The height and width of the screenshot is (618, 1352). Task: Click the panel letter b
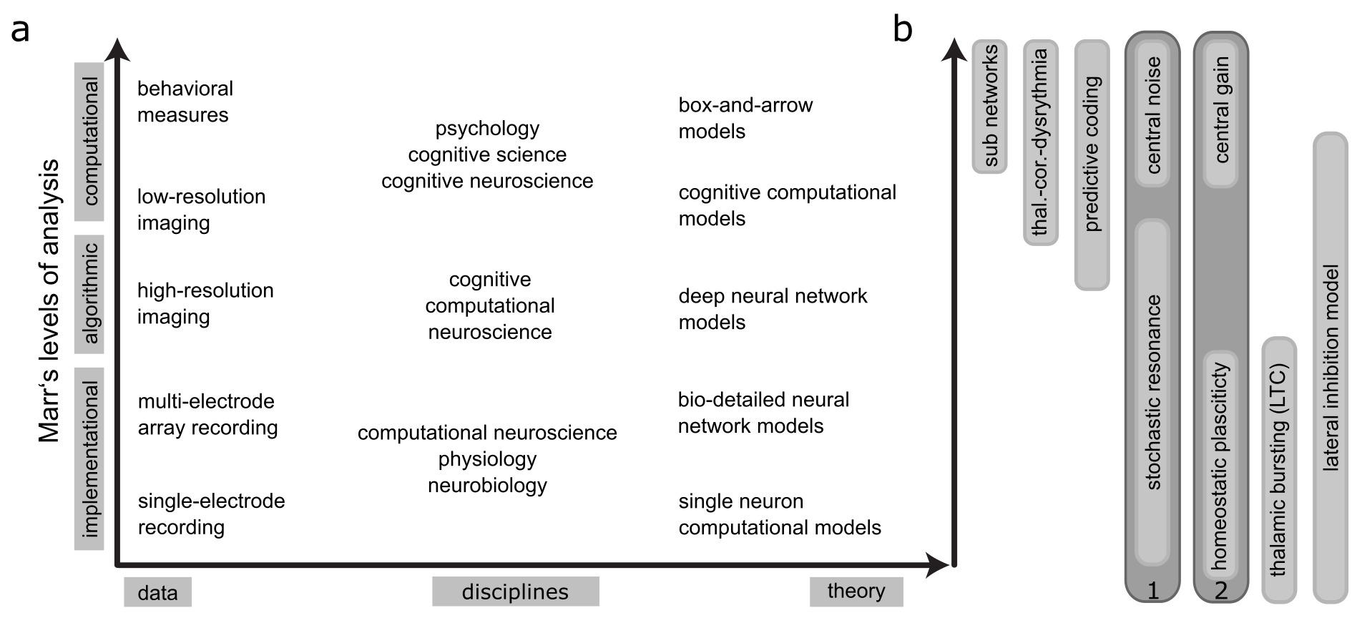[903, 30]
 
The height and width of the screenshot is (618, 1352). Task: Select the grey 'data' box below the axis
[157, 592]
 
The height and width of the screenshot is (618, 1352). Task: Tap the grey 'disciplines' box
[515, 592]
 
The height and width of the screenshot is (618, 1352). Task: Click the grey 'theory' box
[856, 591]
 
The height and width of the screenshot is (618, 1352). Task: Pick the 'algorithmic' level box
[89, 294]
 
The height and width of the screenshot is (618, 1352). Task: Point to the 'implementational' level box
[89, 458]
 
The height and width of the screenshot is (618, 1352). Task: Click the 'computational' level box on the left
[89, 142]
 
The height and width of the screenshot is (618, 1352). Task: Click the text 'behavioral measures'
[185, 102]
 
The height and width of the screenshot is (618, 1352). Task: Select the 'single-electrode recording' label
[211, 514]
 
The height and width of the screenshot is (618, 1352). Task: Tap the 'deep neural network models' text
[773, 309]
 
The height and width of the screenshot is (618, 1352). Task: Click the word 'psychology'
[487, 129]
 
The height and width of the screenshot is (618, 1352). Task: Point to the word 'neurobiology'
[487, 486]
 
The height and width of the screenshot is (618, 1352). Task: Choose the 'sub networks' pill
[990, 106]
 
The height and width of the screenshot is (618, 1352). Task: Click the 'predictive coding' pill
[1092, 165]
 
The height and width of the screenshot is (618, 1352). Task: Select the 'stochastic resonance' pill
[1152, 392]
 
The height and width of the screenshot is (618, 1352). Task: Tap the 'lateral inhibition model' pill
[1331, 368]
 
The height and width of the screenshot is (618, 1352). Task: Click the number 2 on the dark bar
[1221, 591]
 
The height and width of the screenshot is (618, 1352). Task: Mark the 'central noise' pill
[1152, 114]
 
